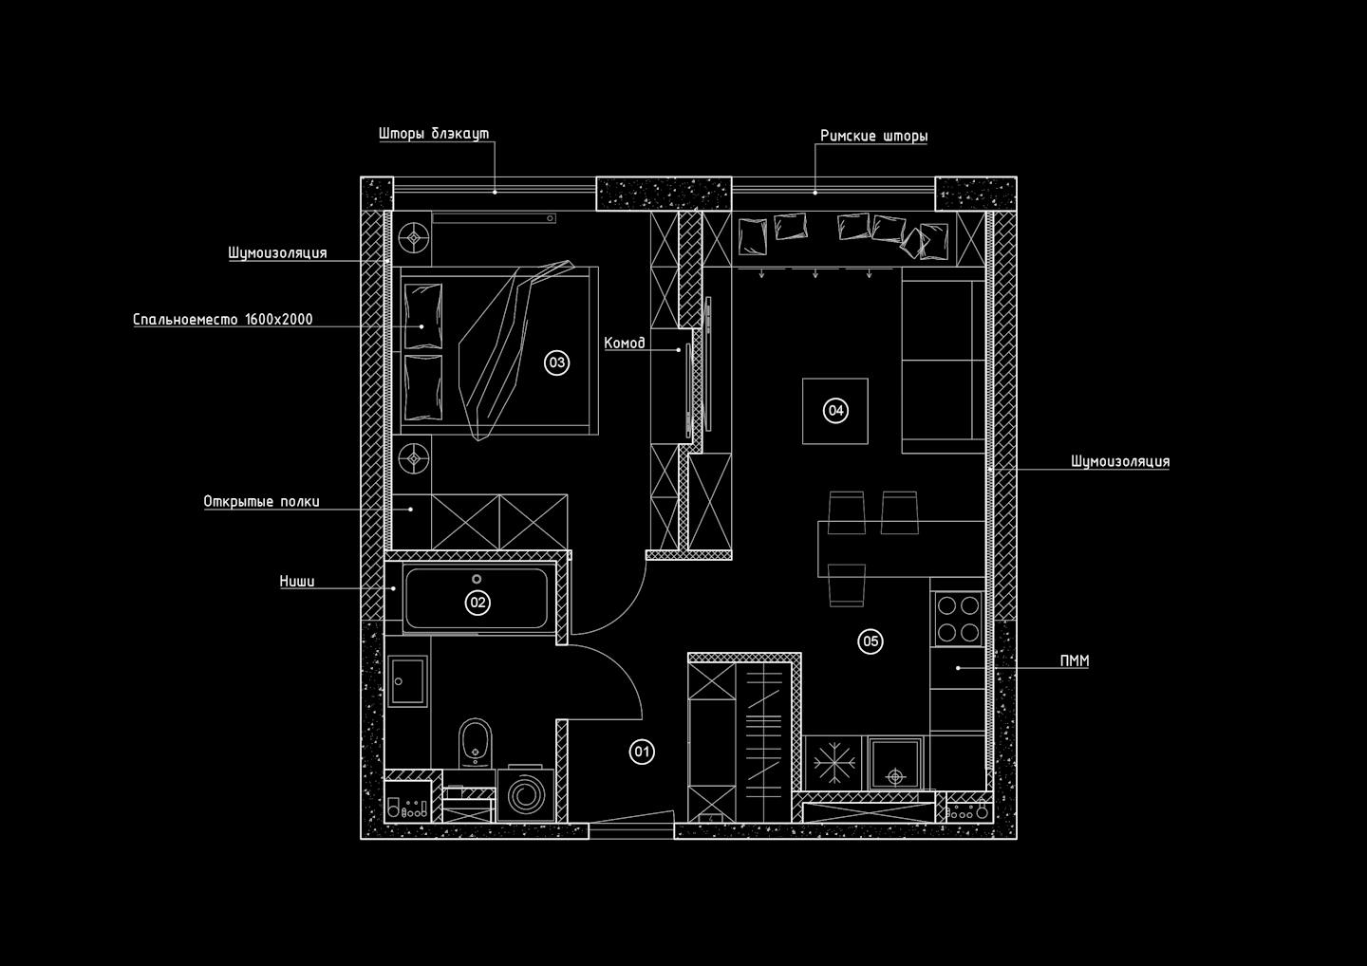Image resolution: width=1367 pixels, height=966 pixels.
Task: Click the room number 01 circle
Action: [x=643, y=752]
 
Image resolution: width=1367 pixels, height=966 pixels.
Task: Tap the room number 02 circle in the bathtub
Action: [x=477, y=602]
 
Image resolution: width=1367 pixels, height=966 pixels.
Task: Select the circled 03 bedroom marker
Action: [x=556, y=362]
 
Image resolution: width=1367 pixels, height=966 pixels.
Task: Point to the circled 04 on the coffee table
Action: [x=835, y=410]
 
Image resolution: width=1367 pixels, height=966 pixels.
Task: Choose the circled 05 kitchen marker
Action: [x=871, y=641]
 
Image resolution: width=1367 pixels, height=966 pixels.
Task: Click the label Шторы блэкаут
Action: [x=434, y=134]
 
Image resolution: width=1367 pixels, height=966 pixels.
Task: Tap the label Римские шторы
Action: [x=873, y=137]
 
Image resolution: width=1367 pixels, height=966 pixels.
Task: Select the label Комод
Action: [x=625, y=343]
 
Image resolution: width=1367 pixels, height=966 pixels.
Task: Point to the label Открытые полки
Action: [x=261, y=502]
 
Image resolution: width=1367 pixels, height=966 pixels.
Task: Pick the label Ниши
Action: [x=297, y=582]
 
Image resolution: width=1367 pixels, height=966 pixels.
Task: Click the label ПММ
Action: [x=1074, y=660]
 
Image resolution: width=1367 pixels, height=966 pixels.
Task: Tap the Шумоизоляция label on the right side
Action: [x=1120, y=462]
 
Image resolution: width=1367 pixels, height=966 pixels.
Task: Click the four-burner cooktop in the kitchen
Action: [x=957, y=618]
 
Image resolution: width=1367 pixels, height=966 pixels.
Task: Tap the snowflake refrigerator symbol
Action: [x=834, y=762]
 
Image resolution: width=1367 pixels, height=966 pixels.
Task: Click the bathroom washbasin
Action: [x=408, y=680]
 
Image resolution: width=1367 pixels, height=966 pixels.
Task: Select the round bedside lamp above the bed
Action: [x=414, y=237]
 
